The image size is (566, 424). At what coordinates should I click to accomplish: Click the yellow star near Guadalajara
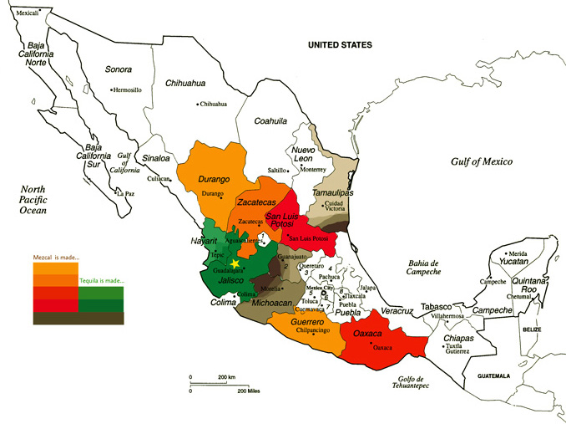point(235,263)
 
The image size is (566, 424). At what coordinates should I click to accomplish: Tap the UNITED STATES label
point(340,44)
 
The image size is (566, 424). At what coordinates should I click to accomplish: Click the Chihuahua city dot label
point(213,105)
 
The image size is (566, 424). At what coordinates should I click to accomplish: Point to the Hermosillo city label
point(134,89)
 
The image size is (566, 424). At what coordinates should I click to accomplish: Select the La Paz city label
point(125,194)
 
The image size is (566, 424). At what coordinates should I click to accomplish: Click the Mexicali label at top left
point(28,13)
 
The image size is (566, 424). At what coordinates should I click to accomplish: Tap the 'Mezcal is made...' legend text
point(56,258)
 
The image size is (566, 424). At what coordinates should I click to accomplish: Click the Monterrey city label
point(314,169)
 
